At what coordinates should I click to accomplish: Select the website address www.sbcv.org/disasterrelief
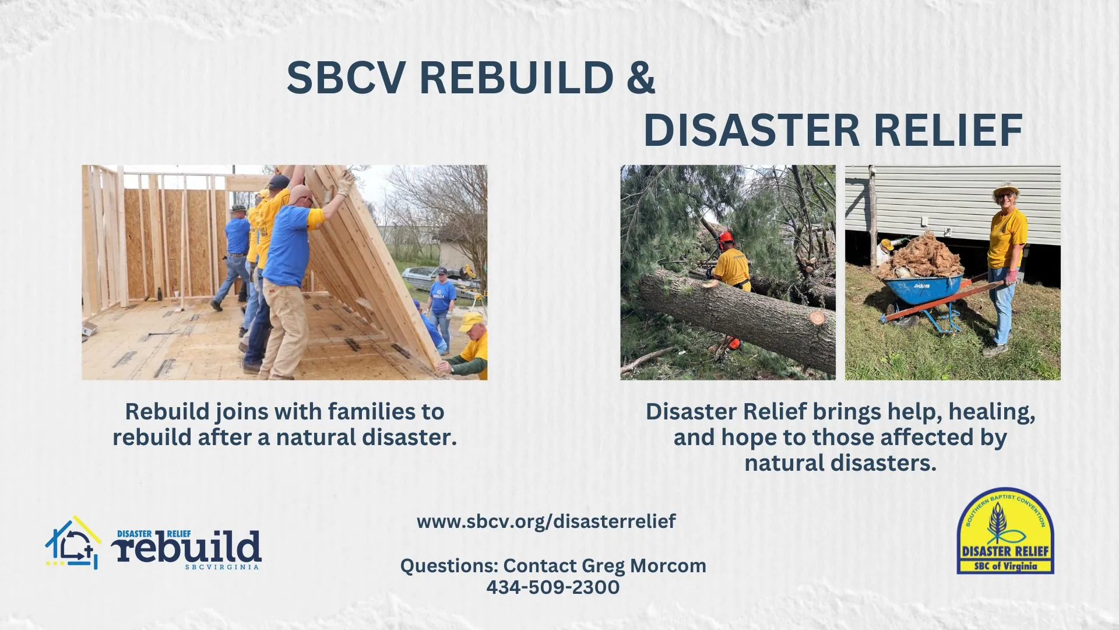click(x=546, y=521)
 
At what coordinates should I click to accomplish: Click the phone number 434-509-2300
click(x=553, y=587)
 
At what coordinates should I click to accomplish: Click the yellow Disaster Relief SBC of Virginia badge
click(x=1005, y=531)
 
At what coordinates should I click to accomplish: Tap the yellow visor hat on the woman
click(x=1005, y=189)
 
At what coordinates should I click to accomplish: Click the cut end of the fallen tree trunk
click(x=817, y=317)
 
